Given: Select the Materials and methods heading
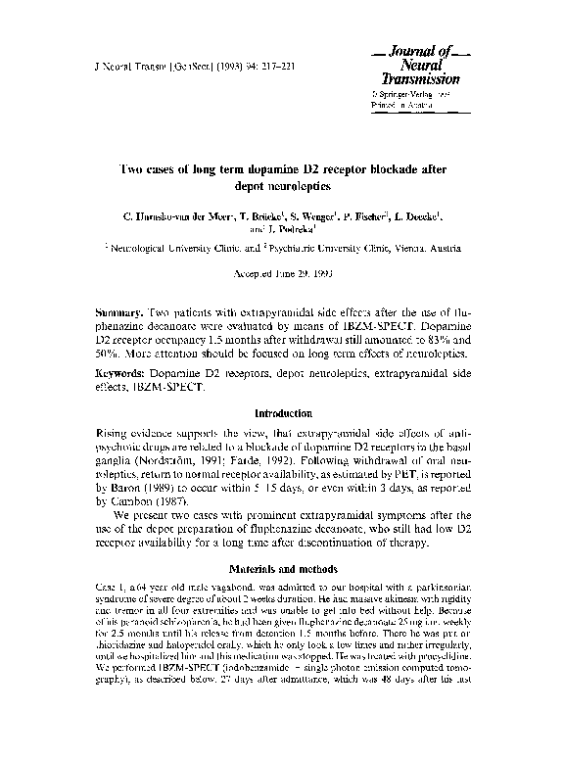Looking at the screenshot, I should pyautogui.click(x=282, y=567).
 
